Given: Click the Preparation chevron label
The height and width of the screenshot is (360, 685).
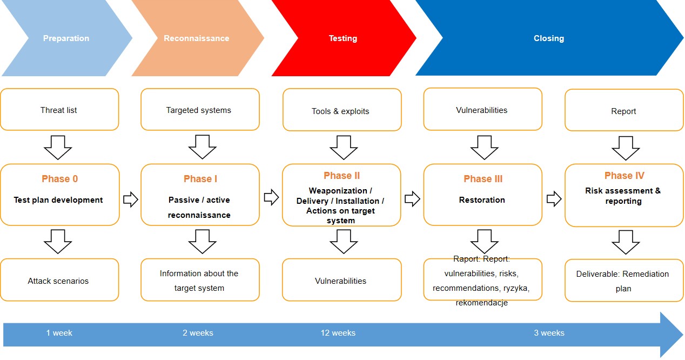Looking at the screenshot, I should click(x=66, y=38).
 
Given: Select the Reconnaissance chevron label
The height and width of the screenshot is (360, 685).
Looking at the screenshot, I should click(x=197, y=38).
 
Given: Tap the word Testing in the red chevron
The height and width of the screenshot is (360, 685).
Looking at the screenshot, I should click(x=343, y=38).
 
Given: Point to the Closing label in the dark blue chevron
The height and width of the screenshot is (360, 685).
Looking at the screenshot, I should click(x=549, y=38).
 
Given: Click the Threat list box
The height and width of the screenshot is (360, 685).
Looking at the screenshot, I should click(x=59, y=110).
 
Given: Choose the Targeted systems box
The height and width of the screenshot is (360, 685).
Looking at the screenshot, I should click(x=199, y=110).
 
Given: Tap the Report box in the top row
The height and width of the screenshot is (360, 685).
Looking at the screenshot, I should click(x=624, y=111).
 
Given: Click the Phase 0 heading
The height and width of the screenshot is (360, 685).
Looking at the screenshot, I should click(x=59, y=179).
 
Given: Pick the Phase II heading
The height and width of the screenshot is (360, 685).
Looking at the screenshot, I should click(x=341, y=176).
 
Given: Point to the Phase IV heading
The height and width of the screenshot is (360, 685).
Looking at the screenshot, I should click(x=624, y=176).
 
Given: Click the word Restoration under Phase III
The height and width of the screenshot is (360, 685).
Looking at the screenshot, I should click(x=482, y=200).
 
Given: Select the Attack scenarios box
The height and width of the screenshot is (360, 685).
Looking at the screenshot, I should click(x=59, y=281).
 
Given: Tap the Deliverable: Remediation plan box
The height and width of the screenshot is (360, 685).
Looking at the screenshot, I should click(x=624, y=281).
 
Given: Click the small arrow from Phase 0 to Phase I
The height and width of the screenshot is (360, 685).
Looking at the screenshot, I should click(x=130, y=199).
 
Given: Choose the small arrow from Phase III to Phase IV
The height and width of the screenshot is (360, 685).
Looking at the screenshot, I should click(x=554, y=199).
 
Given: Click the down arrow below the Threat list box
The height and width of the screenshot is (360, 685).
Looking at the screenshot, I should click(x=58, y=146).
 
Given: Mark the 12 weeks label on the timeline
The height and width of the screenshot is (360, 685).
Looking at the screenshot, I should click(x=338, y=333).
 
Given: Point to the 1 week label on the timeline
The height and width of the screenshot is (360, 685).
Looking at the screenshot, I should click(x=59, y=333).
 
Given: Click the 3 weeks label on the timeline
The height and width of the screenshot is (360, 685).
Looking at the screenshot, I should click(x=549, y=333).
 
